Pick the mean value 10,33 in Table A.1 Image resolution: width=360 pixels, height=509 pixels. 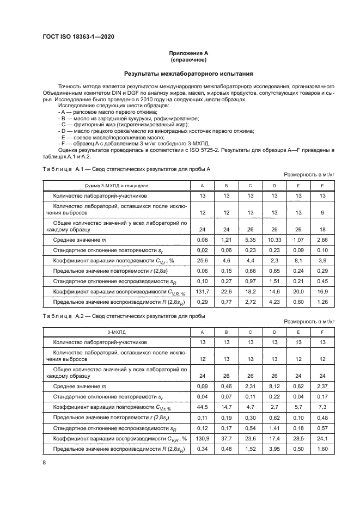coord(274,240)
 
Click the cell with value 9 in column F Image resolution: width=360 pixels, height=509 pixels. coord(322,212)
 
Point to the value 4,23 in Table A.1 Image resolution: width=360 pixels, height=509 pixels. coord(274,301)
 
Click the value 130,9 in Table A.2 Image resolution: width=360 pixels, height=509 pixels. coord(202,439)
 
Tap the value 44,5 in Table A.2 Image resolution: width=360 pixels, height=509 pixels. coord(202,408)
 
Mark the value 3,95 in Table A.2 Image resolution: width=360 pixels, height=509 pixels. coord(274,449)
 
